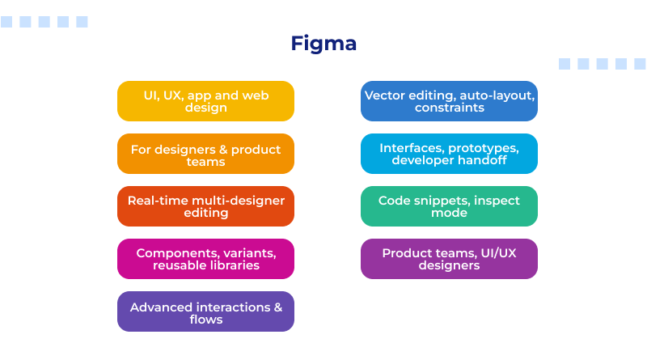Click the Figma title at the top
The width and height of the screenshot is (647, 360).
point(323,43)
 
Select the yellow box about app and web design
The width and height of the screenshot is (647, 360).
point(205,101)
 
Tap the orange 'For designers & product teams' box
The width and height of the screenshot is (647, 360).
point(205,154)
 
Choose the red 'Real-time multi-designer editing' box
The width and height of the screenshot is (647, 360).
point(205,206)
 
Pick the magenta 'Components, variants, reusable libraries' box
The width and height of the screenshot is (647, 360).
point(205,259)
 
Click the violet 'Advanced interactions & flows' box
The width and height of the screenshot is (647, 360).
point(205,311)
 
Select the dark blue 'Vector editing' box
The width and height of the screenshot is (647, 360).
point(449,101)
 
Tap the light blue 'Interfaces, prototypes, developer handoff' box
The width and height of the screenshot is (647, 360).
point(449,154)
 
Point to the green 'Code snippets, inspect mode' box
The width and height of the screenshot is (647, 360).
point(449,206)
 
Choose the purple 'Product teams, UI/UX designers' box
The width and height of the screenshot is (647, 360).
point(449,259)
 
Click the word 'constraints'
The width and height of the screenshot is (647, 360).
point(449,108)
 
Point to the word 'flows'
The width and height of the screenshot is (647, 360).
point(205,320)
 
